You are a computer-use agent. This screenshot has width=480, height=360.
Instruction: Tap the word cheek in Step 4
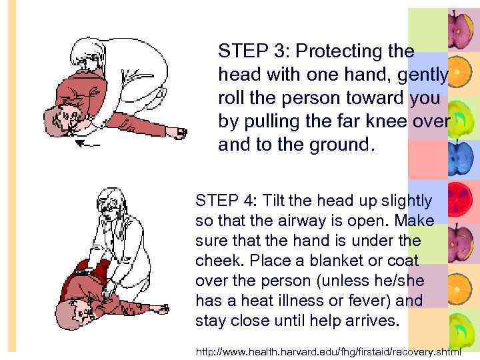point(215,261)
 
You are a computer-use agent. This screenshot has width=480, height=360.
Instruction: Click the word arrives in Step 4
point(371,321)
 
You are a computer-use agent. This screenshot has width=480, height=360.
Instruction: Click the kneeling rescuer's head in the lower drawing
point(109,202)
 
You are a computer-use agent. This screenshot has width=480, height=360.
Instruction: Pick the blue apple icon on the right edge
point(461,159)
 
